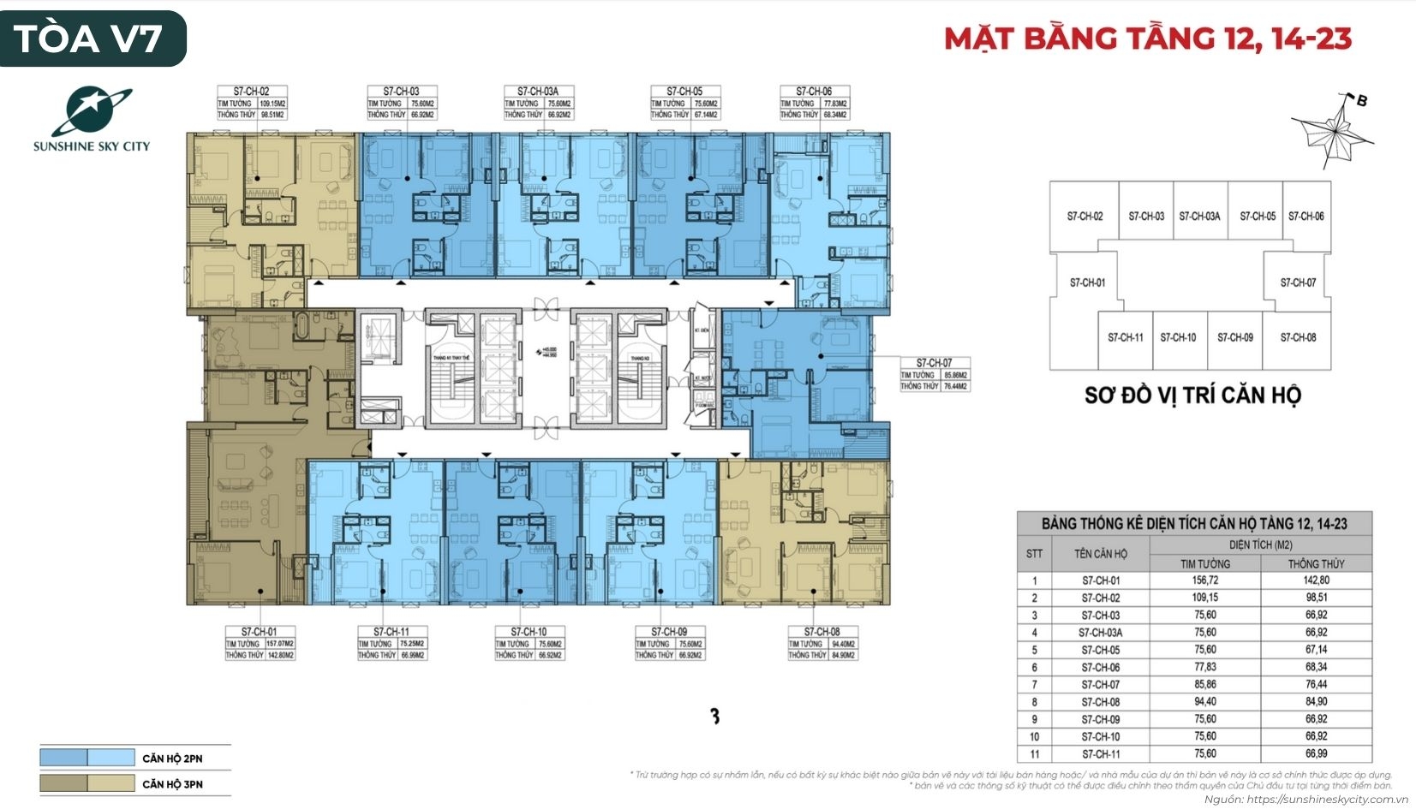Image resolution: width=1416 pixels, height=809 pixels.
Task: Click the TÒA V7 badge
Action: point(93,39)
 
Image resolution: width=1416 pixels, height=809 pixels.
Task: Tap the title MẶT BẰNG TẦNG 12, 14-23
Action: point(1147,39)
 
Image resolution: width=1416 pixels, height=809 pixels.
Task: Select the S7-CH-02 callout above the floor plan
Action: point(251,103)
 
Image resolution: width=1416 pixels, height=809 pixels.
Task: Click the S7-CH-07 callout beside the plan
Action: point(934,374)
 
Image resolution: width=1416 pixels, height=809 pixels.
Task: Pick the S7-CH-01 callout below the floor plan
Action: point(260,644)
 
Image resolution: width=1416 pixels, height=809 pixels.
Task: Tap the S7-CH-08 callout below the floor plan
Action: point(822,644)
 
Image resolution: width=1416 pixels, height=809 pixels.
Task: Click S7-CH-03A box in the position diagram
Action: point(1199,217)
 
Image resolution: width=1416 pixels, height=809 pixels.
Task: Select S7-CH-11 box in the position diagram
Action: point(1125,337)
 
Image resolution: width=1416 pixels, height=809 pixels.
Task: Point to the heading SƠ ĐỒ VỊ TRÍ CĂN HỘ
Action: point(1192,395)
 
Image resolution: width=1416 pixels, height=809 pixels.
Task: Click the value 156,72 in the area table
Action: point(1204,580)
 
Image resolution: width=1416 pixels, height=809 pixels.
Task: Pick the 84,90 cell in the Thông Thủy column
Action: point(1316,702)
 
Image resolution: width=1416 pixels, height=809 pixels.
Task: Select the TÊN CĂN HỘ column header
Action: point(1101,554)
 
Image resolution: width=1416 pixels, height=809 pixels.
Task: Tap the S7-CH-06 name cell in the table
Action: point(1101,667)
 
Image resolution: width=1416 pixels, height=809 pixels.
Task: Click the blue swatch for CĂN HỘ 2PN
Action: point(87,758)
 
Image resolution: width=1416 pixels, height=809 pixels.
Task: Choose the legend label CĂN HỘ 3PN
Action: point(172,784)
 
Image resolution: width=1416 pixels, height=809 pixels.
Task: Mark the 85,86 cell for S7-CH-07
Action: point(1204,685)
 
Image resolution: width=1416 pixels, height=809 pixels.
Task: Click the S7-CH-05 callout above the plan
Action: point(684,103)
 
